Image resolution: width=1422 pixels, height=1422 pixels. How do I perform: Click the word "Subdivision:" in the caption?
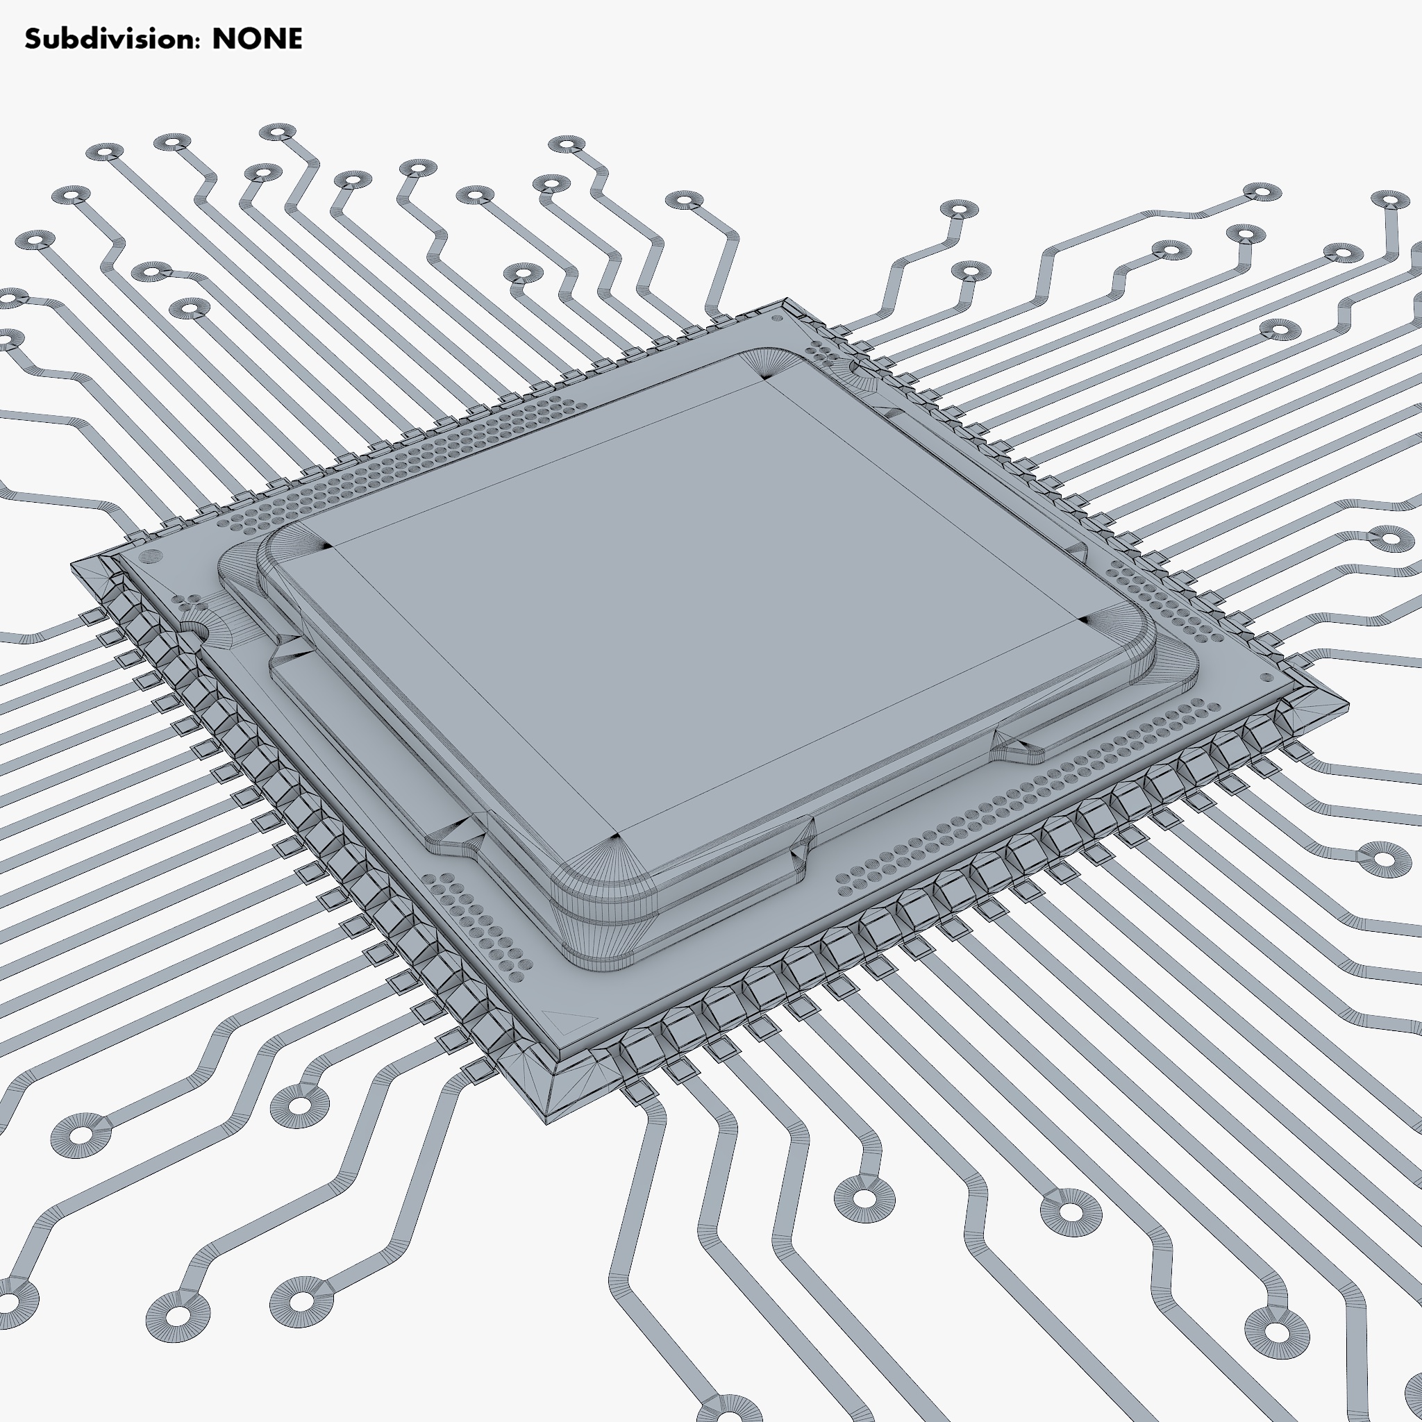[112, 39]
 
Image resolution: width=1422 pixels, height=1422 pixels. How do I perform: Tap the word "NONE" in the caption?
[257, 39]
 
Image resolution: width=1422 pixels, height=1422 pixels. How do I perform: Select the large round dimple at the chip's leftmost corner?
[150, 557]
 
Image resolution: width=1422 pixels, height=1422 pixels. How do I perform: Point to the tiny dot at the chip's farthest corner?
[777, 319]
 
